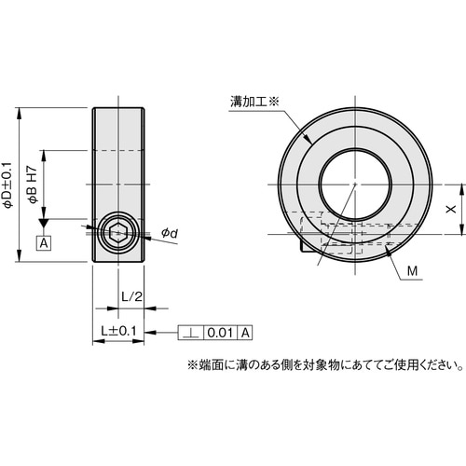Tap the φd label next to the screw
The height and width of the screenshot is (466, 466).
tap(168, 232)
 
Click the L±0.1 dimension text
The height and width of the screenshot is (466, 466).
tap(119, 331)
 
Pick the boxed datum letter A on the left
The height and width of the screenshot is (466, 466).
tap(43, 243)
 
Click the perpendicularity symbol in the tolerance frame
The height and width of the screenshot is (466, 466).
tap(191, 332)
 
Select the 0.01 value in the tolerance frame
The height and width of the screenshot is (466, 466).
tap(219, 332)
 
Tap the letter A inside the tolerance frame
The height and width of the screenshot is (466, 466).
tap(245, 332)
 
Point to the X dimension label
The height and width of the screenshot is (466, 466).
tap(451, 211)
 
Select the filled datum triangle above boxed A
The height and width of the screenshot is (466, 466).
tap(43, 224)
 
